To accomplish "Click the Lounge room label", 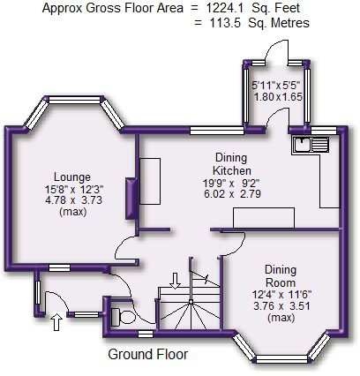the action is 72,177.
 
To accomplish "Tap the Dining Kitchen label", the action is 232,164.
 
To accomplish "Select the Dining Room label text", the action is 281,276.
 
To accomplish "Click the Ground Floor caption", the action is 147,354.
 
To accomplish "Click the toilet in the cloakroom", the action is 124,317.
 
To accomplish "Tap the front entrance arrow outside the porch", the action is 57,321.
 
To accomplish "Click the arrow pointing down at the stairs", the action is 176,281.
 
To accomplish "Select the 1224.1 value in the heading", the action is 224,8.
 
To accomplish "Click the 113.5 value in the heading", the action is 226,23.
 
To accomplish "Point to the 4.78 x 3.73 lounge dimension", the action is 73,200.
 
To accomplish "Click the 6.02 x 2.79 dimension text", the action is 232,194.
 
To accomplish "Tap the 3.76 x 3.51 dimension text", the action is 281,306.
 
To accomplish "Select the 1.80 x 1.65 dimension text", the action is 278,97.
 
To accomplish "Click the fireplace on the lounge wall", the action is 131,199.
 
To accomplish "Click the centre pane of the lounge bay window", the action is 74,100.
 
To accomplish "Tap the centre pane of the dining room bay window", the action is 281,359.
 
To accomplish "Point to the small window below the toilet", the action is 146,334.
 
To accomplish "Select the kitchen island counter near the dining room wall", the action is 264,218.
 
